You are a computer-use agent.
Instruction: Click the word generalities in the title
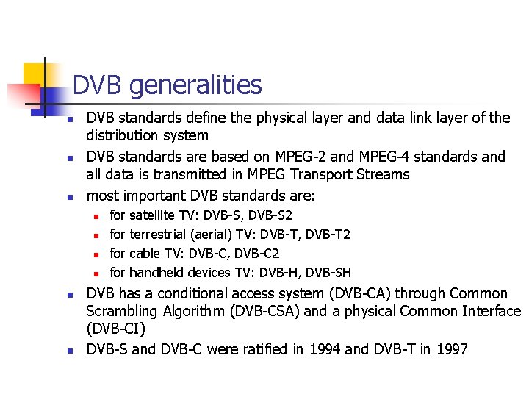(x=195, y=85)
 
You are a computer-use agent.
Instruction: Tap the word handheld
(x=161, y=273)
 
